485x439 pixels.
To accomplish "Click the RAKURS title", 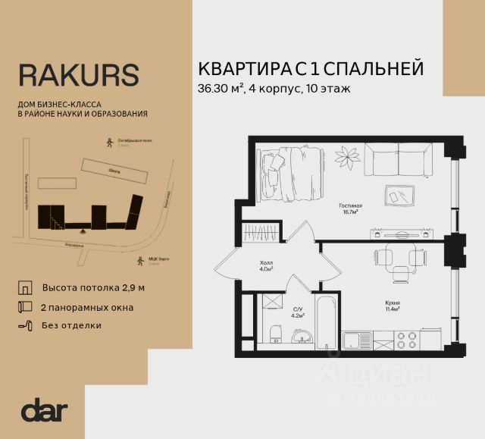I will pos(78,74).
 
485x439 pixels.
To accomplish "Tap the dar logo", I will pos(45,410).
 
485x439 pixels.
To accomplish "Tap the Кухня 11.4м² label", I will pos(392,306).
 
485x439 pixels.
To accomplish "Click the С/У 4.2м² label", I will pos(298,312).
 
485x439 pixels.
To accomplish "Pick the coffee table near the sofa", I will pos(398,195).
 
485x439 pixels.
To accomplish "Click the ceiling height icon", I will pos(25,288).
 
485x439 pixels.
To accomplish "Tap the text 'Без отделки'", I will pos(72,325).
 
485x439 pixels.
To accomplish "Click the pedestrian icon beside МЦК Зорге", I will pos(139,261).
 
